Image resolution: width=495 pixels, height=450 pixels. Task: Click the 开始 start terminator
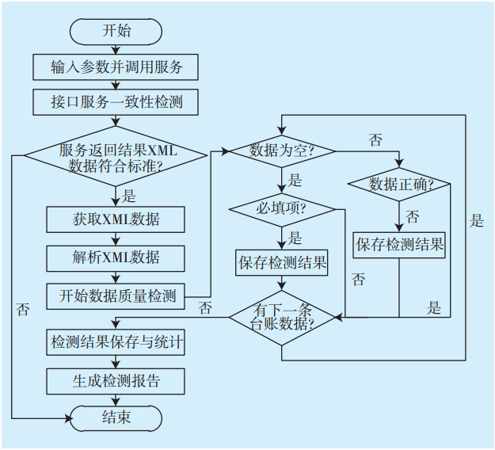[116, 31]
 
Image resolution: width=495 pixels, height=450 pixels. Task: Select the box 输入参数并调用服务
[116, 67]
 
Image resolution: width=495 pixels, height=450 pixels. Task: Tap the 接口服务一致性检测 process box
[116, 102]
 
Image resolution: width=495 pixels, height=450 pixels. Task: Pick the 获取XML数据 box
[116, 219]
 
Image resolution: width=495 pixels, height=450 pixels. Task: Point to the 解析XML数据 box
[116, 257]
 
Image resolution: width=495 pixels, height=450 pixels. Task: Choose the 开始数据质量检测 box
[116, 297]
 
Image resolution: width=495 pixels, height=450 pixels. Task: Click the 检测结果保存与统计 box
[116, 342]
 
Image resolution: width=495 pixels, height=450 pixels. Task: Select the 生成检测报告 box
[116, 380]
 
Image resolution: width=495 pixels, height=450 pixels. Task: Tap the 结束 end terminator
[116, 417]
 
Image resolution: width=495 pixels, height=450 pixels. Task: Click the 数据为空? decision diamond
[282, 150]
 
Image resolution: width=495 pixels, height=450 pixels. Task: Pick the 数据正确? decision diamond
[399, 185]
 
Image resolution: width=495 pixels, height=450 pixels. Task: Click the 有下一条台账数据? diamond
[282, 317]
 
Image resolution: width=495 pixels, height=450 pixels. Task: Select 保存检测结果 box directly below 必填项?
[282, 262]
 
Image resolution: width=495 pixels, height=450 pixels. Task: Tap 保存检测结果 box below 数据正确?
[399, 245]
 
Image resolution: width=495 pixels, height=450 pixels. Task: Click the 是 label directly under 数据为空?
[295, 181]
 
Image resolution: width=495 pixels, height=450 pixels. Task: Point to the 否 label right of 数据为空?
[375, 140]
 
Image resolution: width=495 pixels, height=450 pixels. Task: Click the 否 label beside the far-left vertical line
[22, 309]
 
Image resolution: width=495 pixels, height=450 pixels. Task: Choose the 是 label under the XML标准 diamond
[129, 196]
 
